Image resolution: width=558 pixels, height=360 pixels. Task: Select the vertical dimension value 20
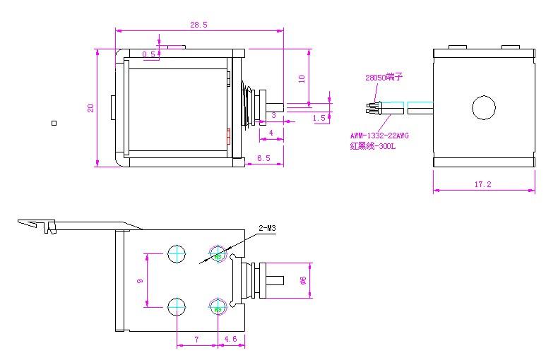coord(90,108)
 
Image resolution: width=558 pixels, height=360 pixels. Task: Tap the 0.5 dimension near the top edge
coord(148,54)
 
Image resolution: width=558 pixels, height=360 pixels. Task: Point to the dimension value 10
coord(302,78)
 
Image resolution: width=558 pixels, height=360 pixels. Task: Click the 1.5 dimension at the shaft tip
coord(320,118)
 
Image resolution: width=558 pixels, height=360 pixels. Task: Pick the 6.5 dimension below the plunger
coord(263,158)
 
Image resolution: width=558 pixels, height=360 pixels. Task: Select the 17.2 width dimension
coord(482,184)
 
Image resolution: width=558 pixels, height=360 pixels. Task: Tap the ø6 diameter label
coord(303,280)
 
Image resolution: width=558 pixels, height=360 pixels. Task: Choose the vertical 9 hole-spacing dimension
coord(140,280)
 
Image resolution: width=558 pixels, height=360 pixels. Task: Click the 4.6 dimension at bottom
coord(230,340)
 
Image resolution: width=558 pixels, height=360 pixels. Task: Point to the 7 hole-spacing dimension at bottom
coord(197,340)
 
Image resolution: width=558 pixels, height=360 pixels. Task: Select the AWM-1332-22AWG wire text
coord(379,135)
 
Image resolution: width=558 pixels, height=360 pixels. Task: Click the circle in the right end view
coord(484,107)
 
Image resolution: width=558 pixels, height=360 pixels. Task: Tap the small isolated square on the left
coord(54,123)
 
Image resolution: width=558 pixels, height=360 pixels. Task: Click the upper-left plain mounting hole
coord(176,255)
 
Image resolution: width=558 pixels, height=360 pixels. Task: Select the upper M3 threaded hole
coord(217,255)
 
